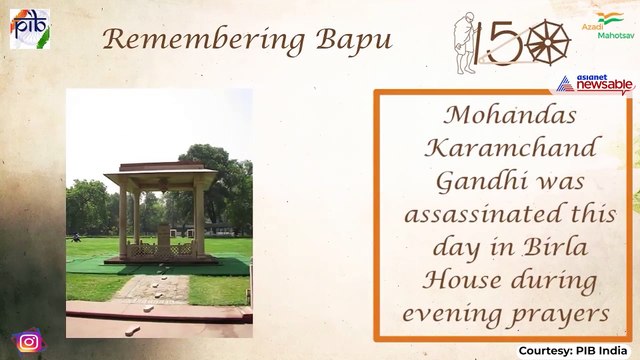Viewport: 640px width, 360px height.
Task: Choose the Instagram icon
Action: tap(29, 341)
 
